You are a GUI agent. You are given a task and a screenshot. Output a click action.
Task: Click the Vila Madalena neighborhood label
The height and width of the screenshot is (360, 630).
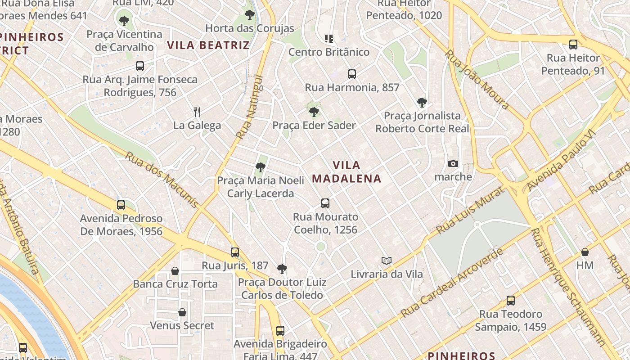[346, 171]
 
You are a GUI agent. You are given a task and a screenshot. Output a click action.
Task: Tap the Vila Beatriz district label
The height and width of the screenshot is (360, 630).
[208, 45]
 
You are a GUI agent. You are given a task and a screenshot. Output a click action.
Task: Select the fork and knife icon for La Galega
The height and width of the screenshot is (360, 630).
[197, 112]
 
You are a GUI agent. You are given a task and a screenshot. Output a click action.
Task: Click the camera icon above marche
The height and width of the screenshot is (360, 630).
[453, 163]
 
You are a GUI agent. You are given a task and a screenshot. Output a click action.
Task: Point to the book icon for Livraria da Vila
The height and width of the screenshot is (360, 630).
[386, 261]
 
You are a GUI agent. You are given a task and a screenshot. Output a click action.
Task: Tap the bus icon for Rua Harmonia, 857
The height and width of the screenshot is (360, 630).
[351, 74]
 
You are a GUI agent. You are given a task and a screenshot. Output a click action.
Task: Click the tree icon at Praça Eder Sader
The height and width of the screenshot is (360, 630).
[314, 112]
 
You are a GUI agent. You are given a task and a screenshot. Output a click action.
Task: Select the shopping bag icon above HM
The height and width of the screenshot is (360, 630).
[585, 252]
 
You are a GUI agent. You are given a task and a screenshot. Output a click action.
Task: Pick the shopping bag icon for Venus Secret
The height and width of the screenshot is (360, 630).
[182, 312]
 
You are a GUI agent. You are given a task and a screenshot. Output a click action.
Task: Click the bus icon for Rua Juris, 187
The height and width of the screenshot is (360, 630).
[235, 252]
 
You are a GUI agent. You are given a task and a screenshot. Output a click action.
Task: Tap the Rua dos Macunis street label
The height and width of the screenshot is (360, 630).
[161, 179]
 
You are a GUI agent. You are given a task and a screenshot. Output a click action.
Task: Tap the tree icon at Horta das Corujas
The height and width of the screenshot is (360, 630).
[249, 15]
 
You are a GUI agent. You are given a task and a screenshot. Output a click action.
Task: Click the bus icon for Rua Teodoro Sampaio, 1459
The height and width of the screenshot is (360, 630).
[510, 301]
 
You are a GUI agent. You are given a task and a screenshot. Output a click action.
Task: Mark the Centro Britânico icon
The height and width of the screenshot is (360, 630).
[329, 39]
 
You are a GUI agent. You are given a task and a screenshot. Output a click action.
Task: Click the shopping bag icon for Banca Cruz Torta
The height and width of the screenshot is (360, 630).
[175, 271]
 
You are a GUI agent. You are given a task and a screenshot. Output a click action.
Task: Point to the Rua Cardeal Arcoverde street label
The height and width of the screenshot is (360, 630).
[452, 283]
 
